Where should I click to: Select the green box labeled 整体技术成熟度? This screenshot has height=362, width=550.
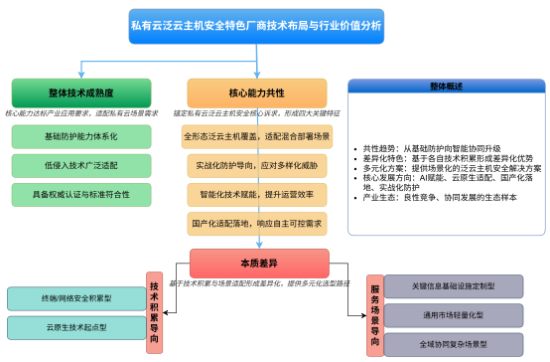(x=81, y=92)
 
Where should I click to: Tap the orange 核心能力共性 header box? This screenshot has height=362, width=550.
(x=256, y=92)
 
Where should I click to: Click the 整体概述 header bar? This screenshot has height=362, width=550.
(x=447, y=86)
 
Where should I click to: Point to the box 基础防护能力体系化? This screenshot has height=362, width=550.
(x=81, y=136)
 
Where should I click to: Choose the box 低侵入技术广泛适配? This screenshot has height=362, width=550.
(x=81, y=163)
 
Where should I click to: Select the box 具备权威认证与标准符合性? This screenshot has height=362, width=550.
(x=81, y=190)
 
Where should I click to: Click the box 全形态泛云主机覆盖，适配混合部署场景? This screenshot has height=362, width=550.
(x=256, y=136)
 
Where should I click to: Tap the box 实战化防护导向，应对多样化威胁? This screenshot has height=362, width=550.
(x=256, y=163)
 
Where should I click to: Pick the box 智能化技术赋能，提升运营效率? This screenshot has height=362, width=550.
(x=256, y=193)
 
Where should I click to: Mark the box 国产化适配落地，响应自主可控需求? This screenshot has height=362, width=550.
(x=256, y=223)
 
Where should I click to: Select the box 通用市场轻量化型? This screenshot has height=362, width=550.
(x=453, y=316)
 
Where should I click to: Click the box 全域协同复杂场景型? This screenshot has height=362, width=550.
(x=453, y=345)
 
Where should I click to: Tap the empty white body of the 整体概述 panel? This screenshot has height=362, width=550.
(x=447, y=164)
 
